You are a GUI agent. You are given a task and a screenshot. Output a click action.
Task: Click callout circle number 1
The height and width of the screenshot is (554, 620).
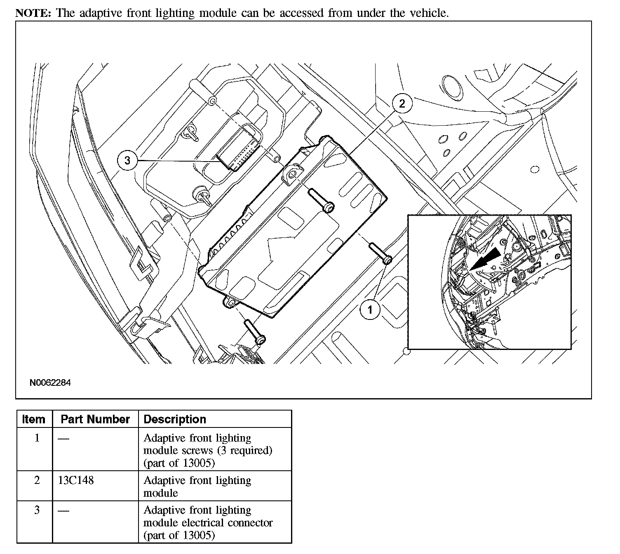(x=370, y=310)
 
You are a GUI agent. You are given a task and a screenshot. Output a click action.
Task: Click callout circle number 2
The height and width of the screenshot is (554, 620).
(x=402, y=103)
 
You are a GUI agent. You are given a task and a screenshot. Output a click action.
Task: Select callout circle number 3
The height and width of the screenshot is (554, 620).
(x=127, y=160)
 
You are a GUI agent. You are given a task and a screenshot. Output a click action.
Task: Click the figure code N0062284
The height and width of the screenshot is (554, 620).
(x=50, y=383)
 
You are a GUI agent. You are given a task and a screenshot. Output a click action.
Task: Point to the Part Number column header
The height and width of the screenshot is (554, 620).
(x=95, y=419)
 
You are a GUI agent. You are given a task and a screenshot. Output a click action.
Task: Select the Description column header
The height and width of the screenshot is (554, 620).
(x=175, y=419)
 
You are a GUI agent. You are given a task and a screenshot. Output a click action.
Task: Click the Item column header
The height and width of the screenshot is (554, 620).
(x=34, y=419)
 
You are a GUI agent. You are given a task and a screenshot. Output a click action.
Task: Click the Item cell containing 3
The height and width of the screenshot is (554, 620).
(x=37, y=510)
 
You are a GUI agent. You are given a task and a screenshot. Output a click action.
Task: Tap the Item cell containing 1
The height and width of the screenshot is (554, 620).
(x=37, y=438)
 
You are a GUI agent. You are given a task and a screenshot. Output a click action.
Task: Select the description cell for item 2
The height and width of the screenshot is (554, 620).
(x=197, y=486)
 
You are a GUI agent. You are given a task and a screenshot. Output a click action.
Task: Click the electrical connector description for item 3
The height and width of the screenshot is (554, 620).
(x=208, y=523)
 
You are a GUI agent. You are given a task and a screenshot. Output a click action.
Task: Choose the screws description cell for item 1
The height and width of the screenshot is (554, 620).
(x=208, y=451)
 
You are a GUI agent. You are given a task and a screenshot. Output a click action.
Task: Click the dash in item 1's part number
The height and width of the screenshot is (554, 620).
(x=63, y=439)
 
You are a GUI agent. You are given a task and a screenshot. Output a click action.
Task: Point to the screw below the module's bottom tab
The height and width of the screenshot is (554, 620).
(x=255, y=332)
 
